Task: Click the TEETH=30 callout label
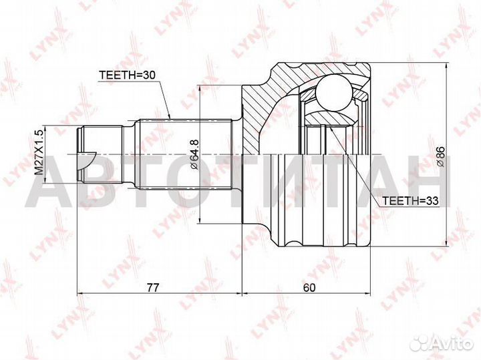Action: click(x=128, y=75)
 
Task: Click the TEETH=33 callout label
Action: click(x=410, y=200)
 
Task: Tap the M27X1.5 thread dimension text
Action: click(x=39, y=152)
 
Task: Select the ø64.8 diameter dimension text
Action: click(x=194, y=154)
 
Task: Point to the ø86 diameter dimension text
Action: click(x=440, y=156)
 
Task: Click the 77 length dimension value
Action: click(x=153, y=288)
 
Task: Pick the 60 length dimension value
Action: click(x=309, y=288)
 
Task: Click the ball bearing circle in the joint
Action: click(x=333, y=92)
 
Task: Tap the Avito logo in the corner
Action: click(x=442, y=343)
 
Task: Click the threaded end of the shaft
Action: click(x=100, y=154)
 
